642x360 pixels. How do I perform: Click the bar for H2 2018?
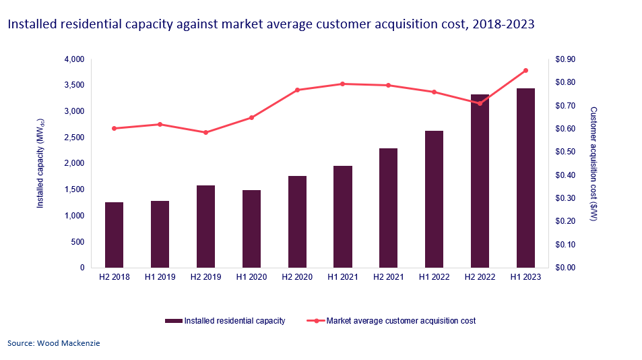coord(114,235)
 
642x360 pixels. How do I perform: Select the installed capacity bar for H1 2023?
coord(525,178)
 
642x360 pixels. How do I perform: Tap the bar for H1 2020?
coord(251,229)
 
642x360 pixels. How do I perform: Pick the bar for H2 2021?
coord(388,208)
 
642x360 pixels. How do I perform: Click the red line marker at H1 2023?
coord(525,70)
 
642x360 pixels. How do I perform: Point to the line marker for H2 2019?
coord(205,132)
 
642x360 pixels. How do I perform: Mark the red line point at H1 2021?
coord(342,84)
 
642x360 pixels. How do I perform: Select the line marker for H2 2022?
coord(480,103)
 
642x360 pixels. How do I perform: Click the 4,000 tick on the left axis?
coord(73,59)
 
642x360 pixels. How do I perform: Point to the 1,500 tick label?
coord(73,189)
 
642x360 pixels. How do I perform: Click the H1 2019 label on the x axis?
coord(160,276)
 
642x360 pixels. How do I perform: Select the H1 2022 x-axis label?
coord(434,276)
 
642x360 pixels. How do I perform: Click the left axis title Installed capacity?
coord(40,164)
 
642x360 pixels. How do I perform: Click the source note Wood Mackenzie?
coord(54,344)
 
